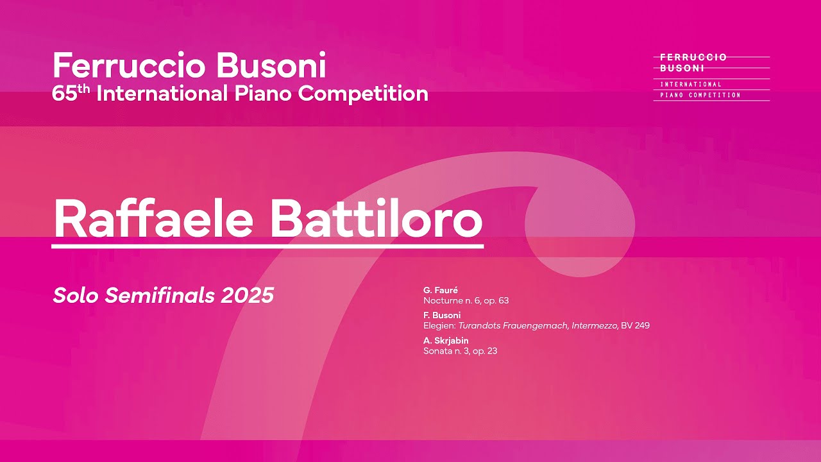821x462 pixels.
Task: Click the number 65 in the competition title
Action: (x=65, y=94)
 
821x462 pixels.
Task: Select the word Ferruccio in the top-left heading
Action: (x=129, y=66)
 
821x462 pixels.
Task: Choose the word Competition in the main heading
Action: (x=363, y=94)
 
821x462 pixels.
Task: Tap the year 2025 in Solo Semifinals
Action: (x=248, y=295)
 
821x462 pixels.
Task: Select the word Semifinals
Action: (x=160, y=295)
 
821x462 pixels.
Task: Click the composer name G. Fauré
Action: (x=441, y=291)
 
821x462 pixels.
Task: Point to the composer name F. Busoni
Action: (x=442, y=315)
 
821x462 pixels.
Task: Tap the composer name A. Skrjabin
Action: (x=446, y=341)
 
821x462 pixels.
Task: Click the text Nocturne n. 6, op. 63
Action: (x=466, y=300)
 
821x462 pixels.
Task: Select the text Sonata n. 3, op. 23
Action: (x=460, y=351)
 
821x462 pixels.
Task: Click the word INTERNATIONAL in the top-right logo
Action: (x=691, y=84)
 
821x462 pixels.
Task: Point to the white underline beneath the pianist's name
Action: (x=267, y=245)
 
